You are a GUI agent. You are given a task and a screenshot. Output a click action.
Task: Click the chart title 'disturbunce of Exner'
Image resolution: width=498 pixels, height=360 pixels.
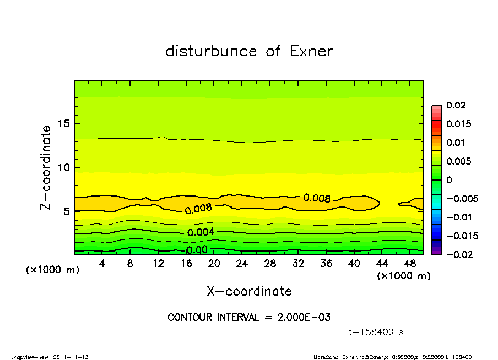[x=249, y=51]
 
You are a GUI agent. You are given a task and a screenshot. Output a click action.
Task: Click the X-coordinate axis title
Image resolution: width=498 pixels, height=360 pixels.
[x=249, y=291]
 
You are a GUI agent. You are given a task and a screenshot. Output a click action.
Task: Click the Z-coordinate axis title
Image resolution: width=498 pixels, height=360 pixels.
[x=46, y=167]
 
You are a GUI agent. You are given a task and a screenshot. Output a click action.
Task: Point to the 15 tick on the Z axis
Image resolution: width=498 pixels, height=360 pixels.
[x=64, y=124]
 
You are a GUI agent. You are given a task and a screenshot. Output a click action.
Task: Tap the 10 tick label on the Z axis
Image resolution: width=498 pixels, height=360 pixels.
[x=64, y=168]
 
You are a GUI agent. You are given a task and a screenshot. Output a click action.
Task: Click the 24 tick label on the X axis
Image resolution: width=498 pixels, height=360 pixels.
[x=242, y=263]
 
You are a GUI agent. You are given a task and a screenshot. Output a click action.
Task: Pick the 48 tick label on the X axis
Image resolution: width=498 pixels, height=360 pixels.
[x=410, y=263]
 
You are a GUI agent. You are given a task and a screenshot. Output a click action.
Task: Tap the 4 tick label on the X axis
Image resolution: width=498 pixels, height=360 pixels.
[x=102, y=263]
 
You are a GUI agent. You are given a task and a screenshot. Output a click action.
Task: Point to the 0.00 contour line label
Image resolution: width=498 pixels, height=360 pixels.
[x=197, y=250]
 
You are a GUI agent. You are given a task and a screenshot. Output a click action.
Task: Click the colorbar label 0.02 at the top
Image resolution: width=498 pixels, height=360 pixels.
[x=457, y=105]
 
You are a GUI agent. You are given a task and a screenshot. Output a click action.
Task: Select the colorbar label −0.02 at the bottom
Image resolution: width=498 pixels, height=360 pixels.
[x=454, y=254]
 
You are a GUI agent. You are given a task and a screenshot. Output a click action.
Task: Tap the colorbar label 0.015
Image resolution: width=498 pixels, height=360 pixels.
[x=459, y=124]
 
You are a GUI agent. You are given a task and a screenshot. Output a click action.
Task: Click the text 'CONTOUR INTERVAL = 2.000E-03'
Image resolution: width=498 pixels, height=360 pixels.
[x=249, y=318]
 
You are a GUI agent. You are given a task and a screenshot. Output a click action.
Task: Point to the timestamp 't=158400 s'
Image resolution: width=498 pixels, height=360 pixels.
[x=377, y=332]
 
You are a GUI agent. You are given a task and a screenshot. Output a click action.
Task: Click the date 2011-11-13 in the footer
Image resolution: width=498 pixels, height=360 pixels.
[x=71, y=357]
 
